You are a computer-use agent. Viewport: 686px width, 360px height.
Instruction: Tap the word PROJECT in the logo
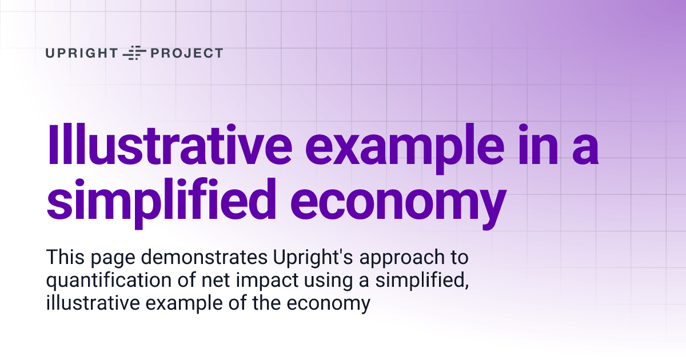click(x=186, y=53)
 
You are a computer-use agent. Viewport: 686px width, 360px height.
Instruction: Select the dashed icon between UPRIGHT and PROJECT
click(x=135, y=53)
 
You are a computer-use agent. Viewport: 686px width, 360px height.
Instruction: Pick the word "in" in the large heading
click(x=524, y=145)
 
